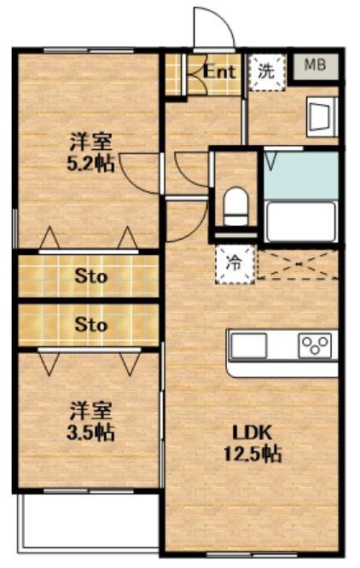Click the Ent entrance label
coord(219,72)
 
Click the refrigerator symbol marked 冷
coord(232,264)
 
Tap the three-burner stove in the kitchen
coord(314,345)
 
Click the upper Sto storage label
coord(90,275)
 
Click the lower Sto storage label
coord(90,325)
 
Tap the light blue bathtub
coord(300,175)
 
